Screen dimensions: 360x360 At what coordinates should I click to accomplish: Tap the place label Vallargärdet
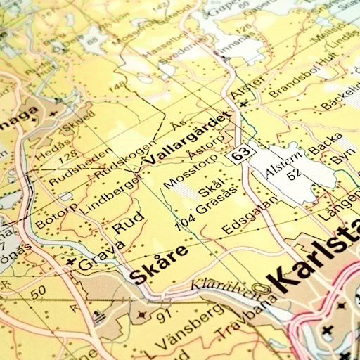click(188, 137)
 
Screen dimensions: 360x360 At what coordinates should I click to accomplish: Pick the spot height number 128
click(67, 154)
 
